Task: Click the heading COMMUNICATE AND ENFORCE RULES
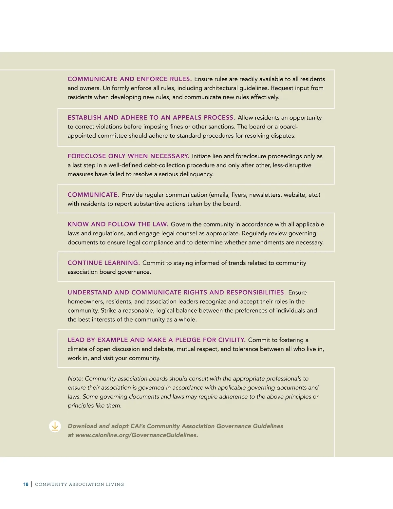point(129,79)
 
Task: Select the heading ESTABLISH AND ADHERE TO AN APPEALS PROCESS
point(151,118)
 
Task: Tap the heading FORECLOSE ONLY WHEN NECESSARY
point(128,156)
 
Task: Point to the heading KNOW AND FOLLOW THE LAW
point(118,224)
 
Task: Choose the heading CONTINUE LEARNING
point(103,263)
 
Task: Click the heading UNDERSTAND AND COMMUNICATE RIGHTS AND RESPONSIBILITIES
point(177,292)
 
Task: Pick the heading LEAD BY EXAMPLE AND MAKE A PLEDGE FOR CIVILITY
point(157,340)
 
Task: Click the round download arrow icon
point(55,426)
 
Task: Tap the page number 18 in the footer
point(26,484)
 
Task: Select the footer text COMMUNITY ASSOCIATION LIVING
point(80,484)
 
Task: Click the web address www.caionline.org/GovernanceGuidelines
point(137,435)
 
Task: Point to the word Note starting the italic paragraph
point(75,379)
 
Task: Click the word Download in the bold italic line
point(83,426)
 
